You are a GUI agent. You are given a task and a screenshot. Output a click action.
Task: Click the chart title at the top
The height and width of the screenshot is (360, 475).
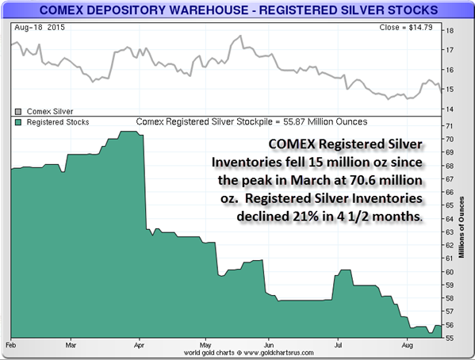coord(237,11)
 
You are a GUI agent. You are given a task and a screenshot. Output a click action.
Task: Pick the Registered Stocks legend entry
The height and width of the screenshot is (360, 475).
coord(52,123)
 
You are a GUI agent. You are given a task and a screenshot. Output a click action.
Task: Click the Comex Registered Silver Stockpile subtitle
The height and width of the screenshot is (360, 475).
coord(251,123)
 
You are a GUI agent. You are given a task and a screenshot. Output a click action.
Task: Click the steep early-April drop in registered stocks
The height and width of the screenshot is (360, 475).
coord(144,182)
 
